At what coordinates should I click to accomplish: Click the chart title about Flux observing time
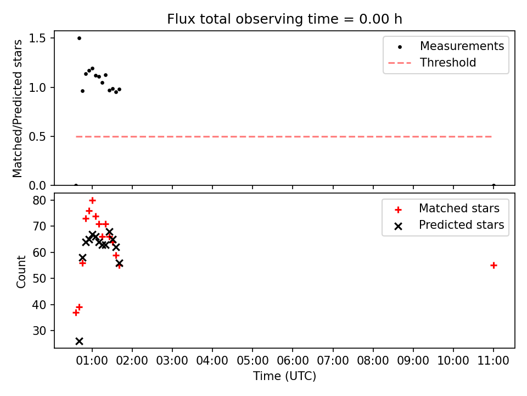[x=284, y=19]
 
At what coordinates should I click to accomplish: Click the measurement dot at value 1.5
[x=79, y=38]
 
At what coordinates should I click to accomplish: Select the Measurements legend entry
[x=446, y=46]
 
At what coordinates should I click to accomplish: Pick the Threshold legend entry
[x=432, y=63]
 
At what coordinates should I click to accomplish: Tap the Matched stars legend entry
[x=446, y=208]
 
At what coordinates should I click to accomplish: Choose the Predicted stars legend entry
[x=448, y=225]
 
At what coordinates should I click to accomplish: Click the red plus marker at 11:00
[x=494, y=266]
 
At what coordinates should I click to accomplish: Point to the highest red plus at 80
[x=92, y=201]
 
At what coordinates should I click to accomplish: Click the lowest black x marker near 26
[x=79, y=342]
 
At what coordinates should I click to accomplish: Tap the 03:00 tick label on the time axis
[x=172, y=361]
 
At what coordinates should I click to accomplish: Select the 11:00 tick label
[x=494, y=361]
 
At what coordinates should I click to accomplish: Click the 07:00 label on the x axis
[x=333, y=361]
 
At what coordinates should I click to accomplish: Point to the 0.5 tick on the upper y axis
[x=37, y=137]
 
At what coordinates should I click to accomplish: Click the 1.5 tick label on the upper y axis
[x=37, y=38]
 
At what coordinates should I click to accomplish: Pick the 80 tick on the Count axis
[x=39, y=201]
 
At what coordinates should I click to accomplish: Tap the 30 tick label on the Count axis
[x=39, y=331]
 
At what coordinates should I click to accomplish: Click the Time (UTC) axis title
[x=284, y=376]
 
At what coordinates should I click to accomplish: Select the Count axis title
[x=21, y=272]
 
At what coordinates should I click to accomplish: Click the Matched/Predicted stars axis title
[x=17, y=108]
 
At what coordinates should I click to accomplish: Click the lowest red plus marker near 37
[x=76, y=313]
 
